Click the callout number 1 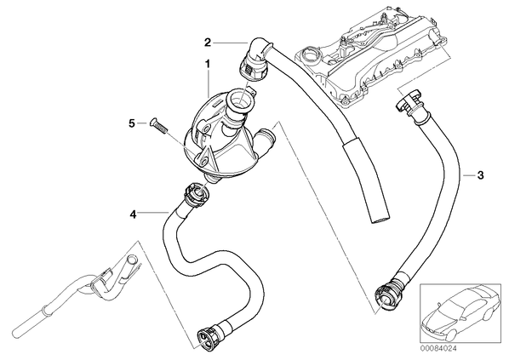click(207, 64)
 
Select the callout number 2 click(208, 43)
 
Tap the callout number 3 click(480, 175)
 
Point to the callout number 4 click(133, 214)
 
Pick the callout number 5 click(131, 123)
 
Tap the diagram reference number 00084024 click(438, 348)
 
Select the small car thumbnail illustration click(460, 313)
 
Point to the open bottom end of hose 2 click(380, 220)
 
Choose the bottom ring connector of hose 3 click(387, 295)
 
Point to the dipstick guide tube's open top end click(132, 259)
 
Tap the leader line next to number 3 click(469, 175)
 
